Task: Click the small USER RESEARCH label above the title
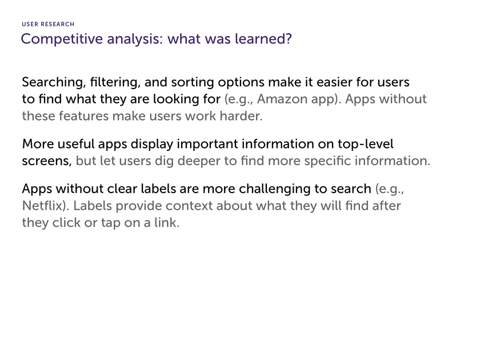[48, 24]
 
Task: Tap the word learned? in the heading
[263, 39]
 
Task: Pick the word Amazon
[278, 99]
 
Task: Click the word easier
[334, 82]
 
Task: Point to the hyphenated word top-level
[366, 144]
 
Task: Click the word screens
[47, 161]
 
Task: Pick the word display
[152, 144]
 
